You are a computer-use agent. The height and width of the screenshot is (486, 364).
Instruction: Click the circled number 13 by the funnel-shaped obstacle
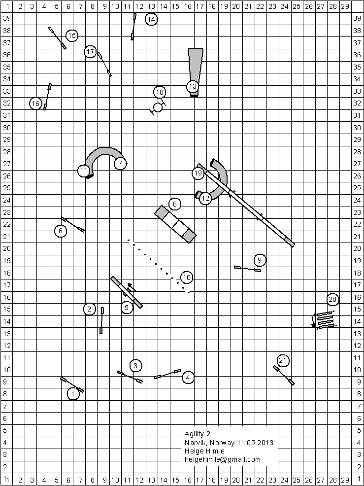click(192, 86)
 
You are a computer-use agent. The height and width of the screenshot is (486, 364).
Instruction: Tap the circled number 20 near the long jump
click(333, 299)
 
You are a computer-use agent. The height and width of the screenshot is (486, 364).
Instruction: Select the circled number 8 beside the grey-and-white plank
click(174, 204)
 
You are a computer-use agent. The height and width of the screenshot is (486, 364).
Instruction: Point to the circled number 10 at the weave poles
click(186, 278)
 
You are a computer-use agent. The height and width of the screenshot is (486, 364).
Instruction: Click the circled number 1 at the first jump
click(73, 393)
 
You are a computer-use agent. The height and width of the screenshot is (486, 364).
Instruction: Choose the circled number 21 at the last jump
click(282, 360)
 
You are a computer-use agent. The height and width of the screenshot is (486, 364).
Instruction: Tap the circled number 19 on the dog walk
click(198, 173)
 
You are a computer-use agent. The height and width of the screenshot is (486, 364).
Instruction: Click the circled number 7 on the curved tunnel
click(120, 163)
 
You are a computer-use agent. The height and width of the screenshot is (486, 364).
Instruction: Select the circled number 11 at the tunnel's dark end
click(84, 171)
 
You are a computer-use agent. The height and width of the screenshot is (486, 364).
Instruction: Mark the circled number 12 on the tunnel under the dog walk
click(205, 199)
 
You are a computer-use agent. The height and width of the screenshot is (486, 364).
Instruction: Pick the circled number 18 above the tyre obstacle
click(159, 92)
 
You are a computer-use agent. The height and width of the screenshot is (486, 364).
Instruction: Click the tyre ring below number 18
click(158, 107)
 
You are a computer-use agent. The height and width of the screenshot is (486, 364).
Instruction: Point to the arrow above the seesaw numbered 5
click(132, 287)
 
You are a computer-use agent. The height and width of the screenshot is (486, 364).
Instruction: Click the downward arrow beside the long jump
click(313, 321)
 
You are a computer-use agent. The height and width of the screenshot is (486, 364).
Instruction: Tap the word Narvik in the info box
click(195, 442)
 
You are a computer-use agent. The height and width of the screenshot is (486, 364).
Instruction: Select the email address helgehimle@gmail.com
click(223, 459)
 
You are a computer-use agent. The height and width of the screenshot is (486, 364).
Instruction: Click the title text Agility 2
click(198, 434)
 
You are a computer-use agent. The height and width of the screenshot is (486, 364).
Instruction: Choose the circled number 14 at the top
click(151, 19)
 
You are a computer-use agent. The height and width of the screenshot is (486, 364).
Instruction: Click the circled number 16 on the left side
click(35, 104)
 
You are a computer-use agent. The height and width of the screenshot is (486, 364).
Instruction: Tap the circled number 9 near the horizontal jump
click(260, 260)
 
